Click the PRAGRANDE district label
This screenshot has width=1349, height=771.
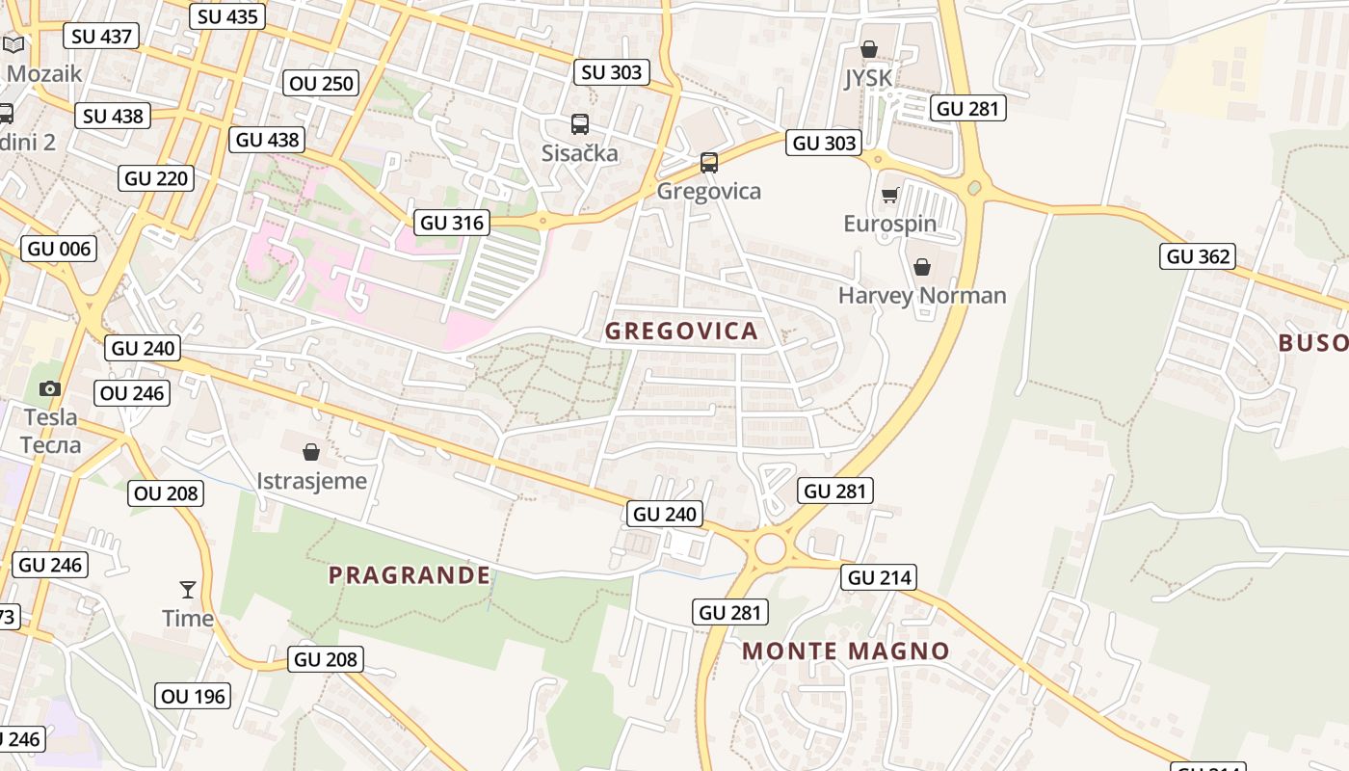tap(410, 575)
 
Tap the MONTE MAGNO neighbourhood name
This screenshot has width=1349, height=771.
tap(846, 651)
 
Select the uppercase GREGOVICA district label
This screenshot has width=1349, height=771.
tap(681, 332)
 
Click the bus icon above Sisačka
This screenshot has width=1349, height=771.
tap(579, 124)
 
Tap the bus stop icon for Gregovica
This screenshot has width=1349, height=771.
tap(709, 163)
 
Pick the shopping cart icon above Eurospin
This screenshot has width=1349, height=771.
tap(889, 196)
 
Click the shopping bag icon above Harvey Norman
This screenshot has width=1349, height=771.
tap(922, 267)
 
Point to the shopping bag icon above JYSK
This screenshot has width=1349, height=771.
tap(868, 49)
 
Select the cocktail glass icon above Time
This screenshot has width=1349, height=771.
tap(187, 589)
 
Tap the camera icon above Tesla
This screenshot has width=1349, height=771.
tap(50, 388)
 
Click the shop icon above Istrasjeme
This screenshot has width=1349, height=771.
tap(311, 451)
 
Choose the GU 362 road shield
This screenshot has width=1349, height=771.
tap(1199, 256)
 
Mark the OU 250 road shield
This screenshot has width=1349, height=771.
tap(322, 83)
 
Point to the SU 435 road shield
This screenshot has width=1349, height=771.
tap(226, 16)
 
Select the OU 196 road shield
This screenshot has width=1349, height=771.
tap(193, 696)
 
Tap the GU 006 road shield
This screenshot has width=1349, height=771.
tap(60, 249)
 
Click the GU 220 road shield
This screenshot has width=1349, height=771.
tap(157, 178)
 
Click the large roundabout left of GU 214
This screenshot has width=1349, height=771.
tap(770, 549)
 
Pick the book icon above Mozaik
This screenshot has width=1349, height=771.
tap(14, 44)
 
